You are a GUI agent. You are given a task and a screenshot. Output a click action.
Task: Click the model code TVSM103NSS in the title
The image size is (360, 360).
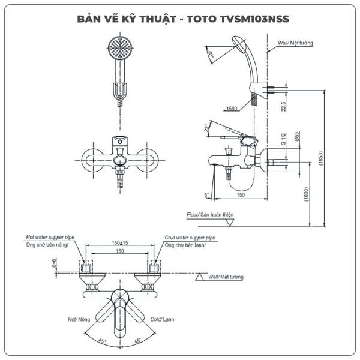tap(254, 19)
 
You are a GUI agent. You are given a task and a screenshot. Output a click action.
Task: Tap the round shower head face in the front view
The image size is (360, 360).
tap(120, 48)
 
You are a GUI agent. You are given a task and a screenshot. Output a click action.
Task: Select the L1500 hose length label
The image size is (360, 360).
tap(230, 109)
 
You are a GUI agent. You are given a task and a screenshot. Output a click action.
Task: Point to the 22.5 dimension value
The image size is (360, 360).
tap(284, 107)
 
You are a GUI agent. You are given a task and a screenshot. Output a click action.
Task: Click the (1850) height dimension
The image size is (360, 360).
tap(321, 158)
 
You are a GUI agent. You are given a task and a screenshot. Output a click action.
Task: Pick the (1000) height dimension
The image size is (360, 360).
tap(307, 194)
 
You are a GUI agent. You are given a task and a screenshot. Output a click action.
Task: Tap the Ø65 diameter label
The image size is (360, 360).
tap(297, 136)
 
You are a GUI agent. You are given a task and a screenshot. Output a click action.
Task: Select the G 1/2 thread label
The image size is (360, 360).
tap(284, 139)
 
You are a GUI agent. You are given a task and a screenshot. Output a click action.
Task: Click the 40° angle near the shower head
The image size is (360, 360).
tap(210, 54)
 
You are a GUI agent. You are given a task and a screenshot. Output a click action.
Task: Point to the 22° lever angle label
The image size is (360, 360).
tap(207, 128)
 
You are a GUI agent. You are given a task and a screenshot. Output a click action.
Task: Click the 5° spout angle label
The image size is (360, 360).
tap(206, 195)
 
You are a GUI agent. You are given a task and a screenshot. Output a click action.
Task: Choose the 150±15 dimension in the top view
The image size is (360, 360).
tap(120, 242)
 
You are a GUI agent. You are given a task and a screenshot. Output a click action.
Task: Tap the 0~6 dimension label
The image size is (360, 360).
tap(54, 263)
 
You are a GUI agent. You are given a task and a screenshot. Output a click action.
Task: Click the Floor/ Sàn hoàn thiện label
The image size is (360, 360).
tap(210, 215)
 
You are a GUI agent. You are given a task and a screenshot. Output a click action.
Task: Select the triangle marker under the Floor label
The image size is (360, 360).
tap(229, 222)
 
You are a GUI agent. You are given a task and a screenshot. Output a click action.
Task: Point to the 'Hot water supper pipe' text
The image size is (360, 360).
tap(50, 237)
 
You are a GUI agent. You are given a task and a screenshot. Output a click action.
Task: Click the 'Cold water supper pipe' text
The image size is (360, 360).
tap(190, 238)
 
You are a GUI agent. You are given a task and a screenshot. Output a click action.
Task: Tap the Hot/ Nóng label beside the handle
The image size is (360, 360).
tap(79, 319)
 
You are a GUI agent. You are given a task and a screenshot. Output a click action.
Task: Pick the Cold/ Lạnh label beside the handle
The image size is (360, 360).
tap(162, 319)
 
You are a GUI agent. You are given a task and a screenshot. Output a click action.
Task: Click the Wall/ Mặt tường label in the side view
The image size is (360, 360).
tap(295, 43)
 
